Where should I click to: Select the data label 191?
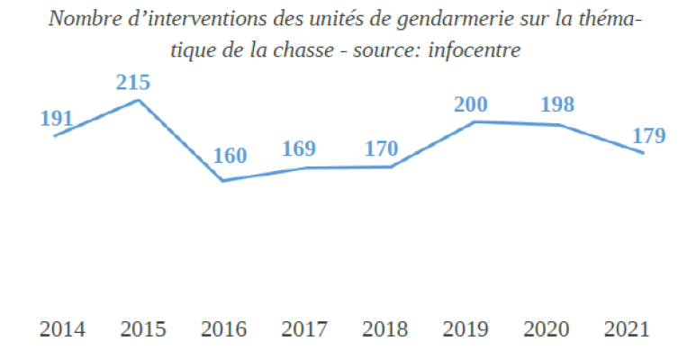tap(56, 119)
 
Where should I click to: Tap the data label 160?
tap(230, 156)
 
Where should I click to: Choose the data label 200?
tap(470, 105)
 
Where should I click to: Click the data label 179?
tap(646, 136)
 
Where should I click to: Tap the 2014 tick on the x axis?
tap(62, 328)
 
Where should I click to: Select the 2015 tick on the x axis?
tap(142, 328)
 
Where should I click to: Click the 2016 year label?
tap(224, 328)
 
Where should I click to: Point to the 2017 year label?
tap(304, 328)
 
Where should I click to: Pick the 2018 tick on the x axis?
tap(385, 328)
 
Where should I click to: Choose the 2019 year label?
tap(466, 328)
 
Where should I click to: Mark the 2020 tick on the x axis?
tap(546, 328)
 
